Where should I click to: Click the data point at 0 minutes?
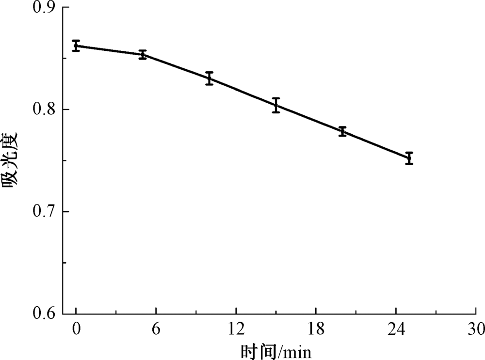[x=76, y=46]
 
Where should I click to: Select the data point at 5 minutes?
[x=143, y=55]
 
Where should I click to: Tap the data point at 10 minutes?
[x=209, y=78]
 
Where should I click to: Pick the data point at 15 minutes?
[x=276, y=105]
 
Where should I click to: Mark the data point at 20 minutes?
[x=342, y=131]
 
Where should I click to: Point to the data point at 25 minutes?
[x=409, y=158]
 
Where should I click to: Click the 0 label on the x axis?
[x=76, y=330]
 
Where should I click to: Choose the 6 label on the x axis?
[x=156, y=330]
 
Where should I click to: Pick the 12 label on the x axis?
[x=236, y=330]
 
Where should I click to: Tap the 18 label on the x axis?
[x=316, y=330]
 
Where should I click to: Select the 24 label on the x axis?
[x=396, y=330]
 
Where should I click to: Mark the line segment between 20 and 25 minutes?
[x=376, y=145]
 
